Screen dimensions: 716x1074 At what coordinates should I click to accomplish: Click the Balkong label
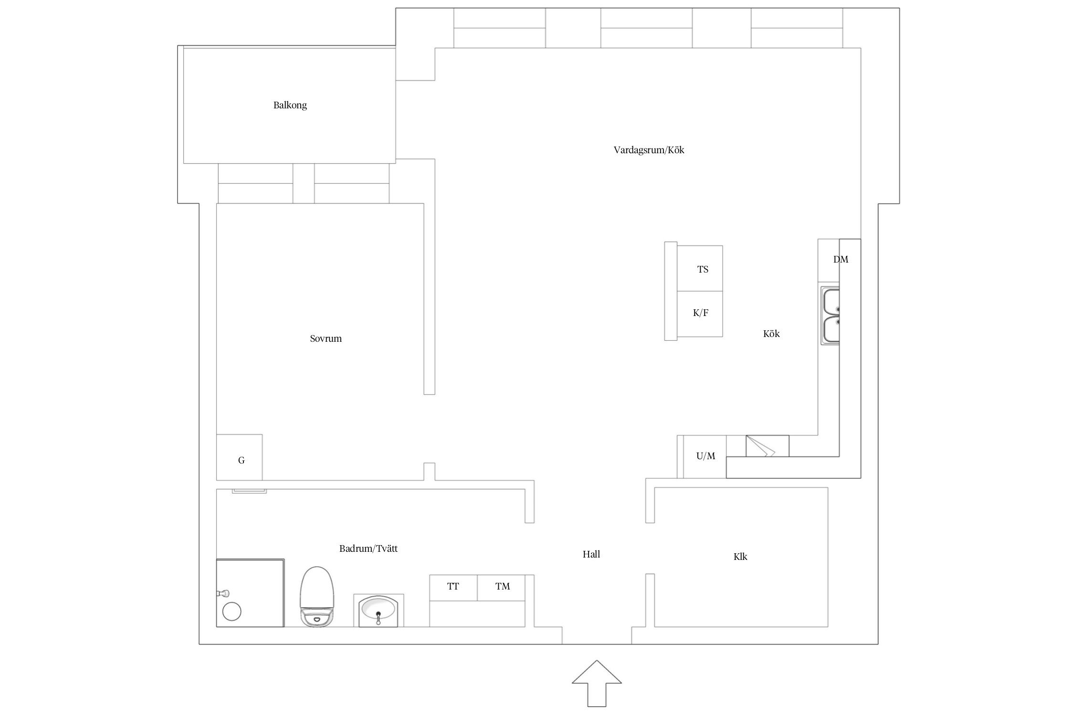pyautogui.click(x=290, y=105)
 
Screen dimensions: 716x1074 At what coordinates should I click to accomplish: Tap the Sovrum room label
pyautogui.click(x=326, y=338)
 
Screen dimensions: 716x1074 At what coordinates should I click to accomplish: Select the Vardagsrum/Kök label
pyautogui.click(x=649, y=150)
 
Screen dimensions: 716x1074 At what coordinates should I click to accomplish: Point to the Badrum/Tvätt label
pyautogui.click(x=368, y=548)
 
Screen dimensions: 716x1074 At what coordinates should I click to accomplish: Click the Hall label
pyautogui.click(x=591, y=554)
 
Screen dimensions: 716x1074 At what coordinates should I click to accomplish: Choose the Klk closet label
pyautogui.click(x=740, y=557)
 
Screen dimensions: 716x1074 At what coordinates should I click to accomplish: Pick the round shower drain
pyautogui.click(x=232, y=611)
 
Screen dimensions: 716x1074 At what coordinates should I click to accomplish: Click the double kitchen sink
pyautogui.click(x=830, y=316)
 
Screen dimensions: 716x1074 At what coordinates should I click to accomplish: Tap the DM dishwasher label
pyautogui.click(x=841, y=259)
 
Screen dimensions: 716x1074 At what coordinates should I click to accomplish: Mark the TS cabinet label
pyautogui.click(x=703, y=269)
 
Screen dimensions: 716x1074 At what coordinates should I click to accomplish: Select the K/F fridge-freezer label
pyautogui.click(x=700, y=313)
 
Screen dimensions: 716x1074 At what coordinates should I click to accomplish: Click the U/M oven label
pyautogui.click(x=705, y=456)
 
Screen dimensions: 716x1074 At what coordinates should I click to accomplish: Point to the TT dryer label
pyautogui.click(x=453, y=586)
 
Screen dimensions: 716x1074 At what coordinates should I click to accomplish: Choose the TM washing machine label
pyautogui.click(x=502, y=586)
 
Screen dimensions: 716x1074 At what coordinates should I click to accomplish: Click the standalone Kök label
pyautogui.click(x=771, y=334)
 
